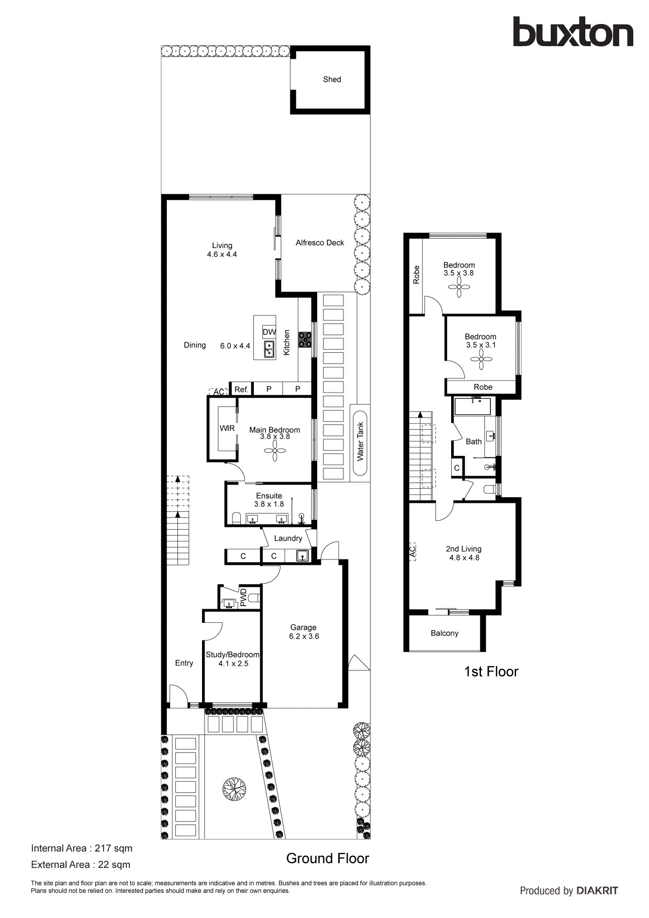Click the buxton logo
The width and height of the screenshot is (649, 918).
click(573, 32)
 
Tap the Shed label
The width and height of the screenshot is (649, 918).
click(332, 80)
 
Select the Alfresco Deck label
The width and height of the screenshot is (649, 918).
click(320, 243)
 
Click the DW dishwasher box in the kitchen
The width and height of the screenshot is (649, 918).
click(269, 332)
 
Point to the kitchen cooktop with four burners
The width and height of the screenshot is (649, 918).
click(305, 340)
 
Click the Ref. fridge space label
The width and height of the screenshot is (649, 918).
click(241, 389)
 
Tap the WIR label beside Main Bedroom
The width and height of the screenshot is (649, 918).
click(227, 428)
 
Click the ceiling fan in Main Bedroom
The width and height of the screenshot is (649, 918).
click(275, 450)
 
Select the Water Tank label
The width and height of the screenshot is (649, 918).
click(360, 441)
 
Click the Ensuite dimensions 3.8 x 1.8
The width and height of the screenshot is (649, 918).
click(269, 504)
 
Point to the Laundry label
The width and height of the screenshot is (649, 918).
click(288, 538)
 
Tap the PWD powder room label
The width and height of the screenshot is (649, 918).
click(243, 597)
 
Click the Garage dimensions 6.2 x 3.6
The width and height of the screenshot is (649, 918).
click(304, 636)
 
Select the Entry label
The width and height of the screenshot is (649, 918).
click(184, 663)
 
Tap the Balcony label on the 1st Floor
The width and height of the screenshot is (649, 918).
click(444, 633)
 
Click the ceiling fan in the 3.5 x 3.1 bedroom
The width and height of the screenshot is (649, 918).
click(481, 359)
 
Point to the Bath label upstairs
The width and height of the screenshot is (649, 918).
click(474, 442)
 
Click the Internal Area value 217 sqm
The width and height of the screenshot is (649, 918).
click(114, 848)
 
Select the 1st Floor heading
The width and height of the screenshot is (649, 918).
click(491, 672)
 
